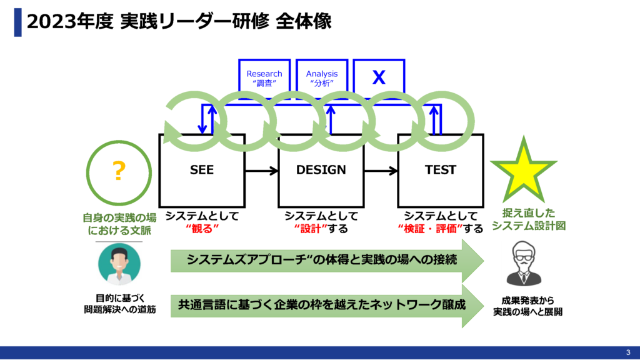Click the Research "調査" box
264,77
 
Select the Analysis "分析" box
321,77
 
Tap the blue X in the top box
379,77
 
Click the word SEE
202,170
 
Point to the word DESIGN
321,170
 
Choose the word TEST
441,170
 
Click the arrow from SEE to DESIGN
261,170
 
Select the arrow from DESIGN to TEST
380,170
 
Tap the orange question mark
118,171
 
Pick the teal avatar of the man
119,264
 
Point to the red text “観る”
201,229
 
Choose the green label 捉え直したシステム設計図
523,219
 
